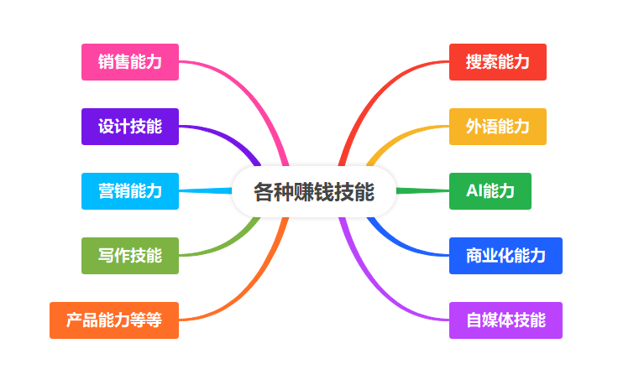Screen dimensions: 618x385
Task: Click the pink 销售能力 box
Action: click(x=130, y=62)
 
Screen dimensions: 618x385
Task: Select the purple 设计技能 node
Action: click(x=130, y=127)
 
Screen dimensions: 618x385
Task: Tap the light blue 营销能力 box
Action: click(x=130, y=191)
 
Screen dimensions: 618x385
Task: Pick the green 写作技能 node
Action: click(x=130, y=256)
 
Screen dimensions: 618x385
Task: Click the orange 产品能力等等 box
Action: click(x=114, y=320)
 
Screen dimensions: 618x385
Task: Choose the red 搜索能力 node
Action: click(x=498, y=62)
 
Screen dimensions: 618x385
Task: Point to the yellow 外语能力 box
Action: click(x=498, y=127)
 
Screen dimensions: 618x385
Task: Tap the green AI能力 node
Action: click(x=490, y=191)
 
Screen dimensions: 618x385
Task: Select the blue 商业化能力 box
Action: click(x=505, y=256)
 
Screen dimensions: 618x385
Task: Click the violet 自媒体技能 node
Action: click(x=505, y=320)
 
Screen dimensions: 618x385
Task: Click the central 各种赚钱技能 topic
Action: click(x=314, y=192)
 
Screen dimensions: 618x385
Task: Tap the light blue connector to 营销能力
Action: click(x=206, y=191)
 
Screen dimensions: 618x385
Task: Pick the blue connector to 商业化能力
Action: click(x=402, y=246)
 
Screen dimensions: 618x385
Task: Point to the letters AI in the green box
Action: click(x=474, y=191)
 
